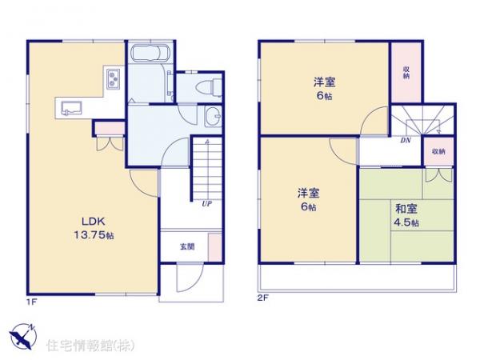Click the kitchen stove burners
tap(112, 80)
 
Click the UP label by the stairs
tap(206, 203)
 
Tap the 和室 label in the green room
tap(406, 209)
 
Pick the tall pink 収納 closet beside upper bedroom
tap(406, 73)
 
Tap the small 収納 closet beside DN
tap(438, 150)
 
